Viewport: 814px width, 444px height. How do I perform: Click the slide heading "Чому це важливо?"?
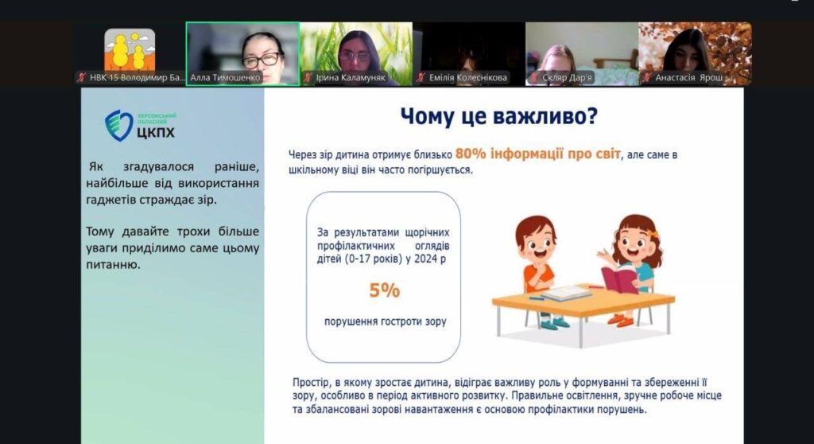click(499, 116)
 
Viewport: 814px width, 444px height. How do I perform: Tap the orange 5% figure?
click(385, 290)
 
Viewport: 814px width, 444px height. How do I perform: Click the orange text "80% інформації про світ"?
click(538, 154)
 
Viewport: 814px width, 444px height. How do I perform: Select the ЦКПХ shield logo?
click(119, 125)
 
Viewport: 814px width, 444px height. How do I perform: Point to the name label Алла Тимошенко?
click(225, 77)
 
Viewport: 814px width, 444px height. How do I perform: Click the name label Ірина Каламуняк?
click(351, 77)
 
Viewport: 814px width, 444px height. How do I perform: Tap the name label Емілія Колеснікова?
click(467, 77)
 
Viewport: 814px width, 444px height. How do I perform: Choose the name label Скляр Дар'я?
click(567, 77)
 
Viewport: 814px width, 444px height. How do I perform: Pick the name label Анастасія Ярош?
click(688, 77)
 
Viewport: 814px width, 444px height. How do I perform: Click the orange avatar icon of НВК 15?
click(130, 50)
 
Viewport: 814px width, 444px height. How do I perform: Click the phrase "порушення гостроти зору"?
click(386, 321)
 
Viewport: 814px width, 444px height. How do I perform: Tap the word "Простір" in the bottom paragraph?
click(311, 383)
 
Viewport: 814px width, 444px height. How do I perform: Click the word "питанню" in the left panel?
click(113, 265)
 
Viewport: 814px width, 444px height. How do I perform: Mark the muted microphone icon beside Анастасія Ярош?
click(647, 77)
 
